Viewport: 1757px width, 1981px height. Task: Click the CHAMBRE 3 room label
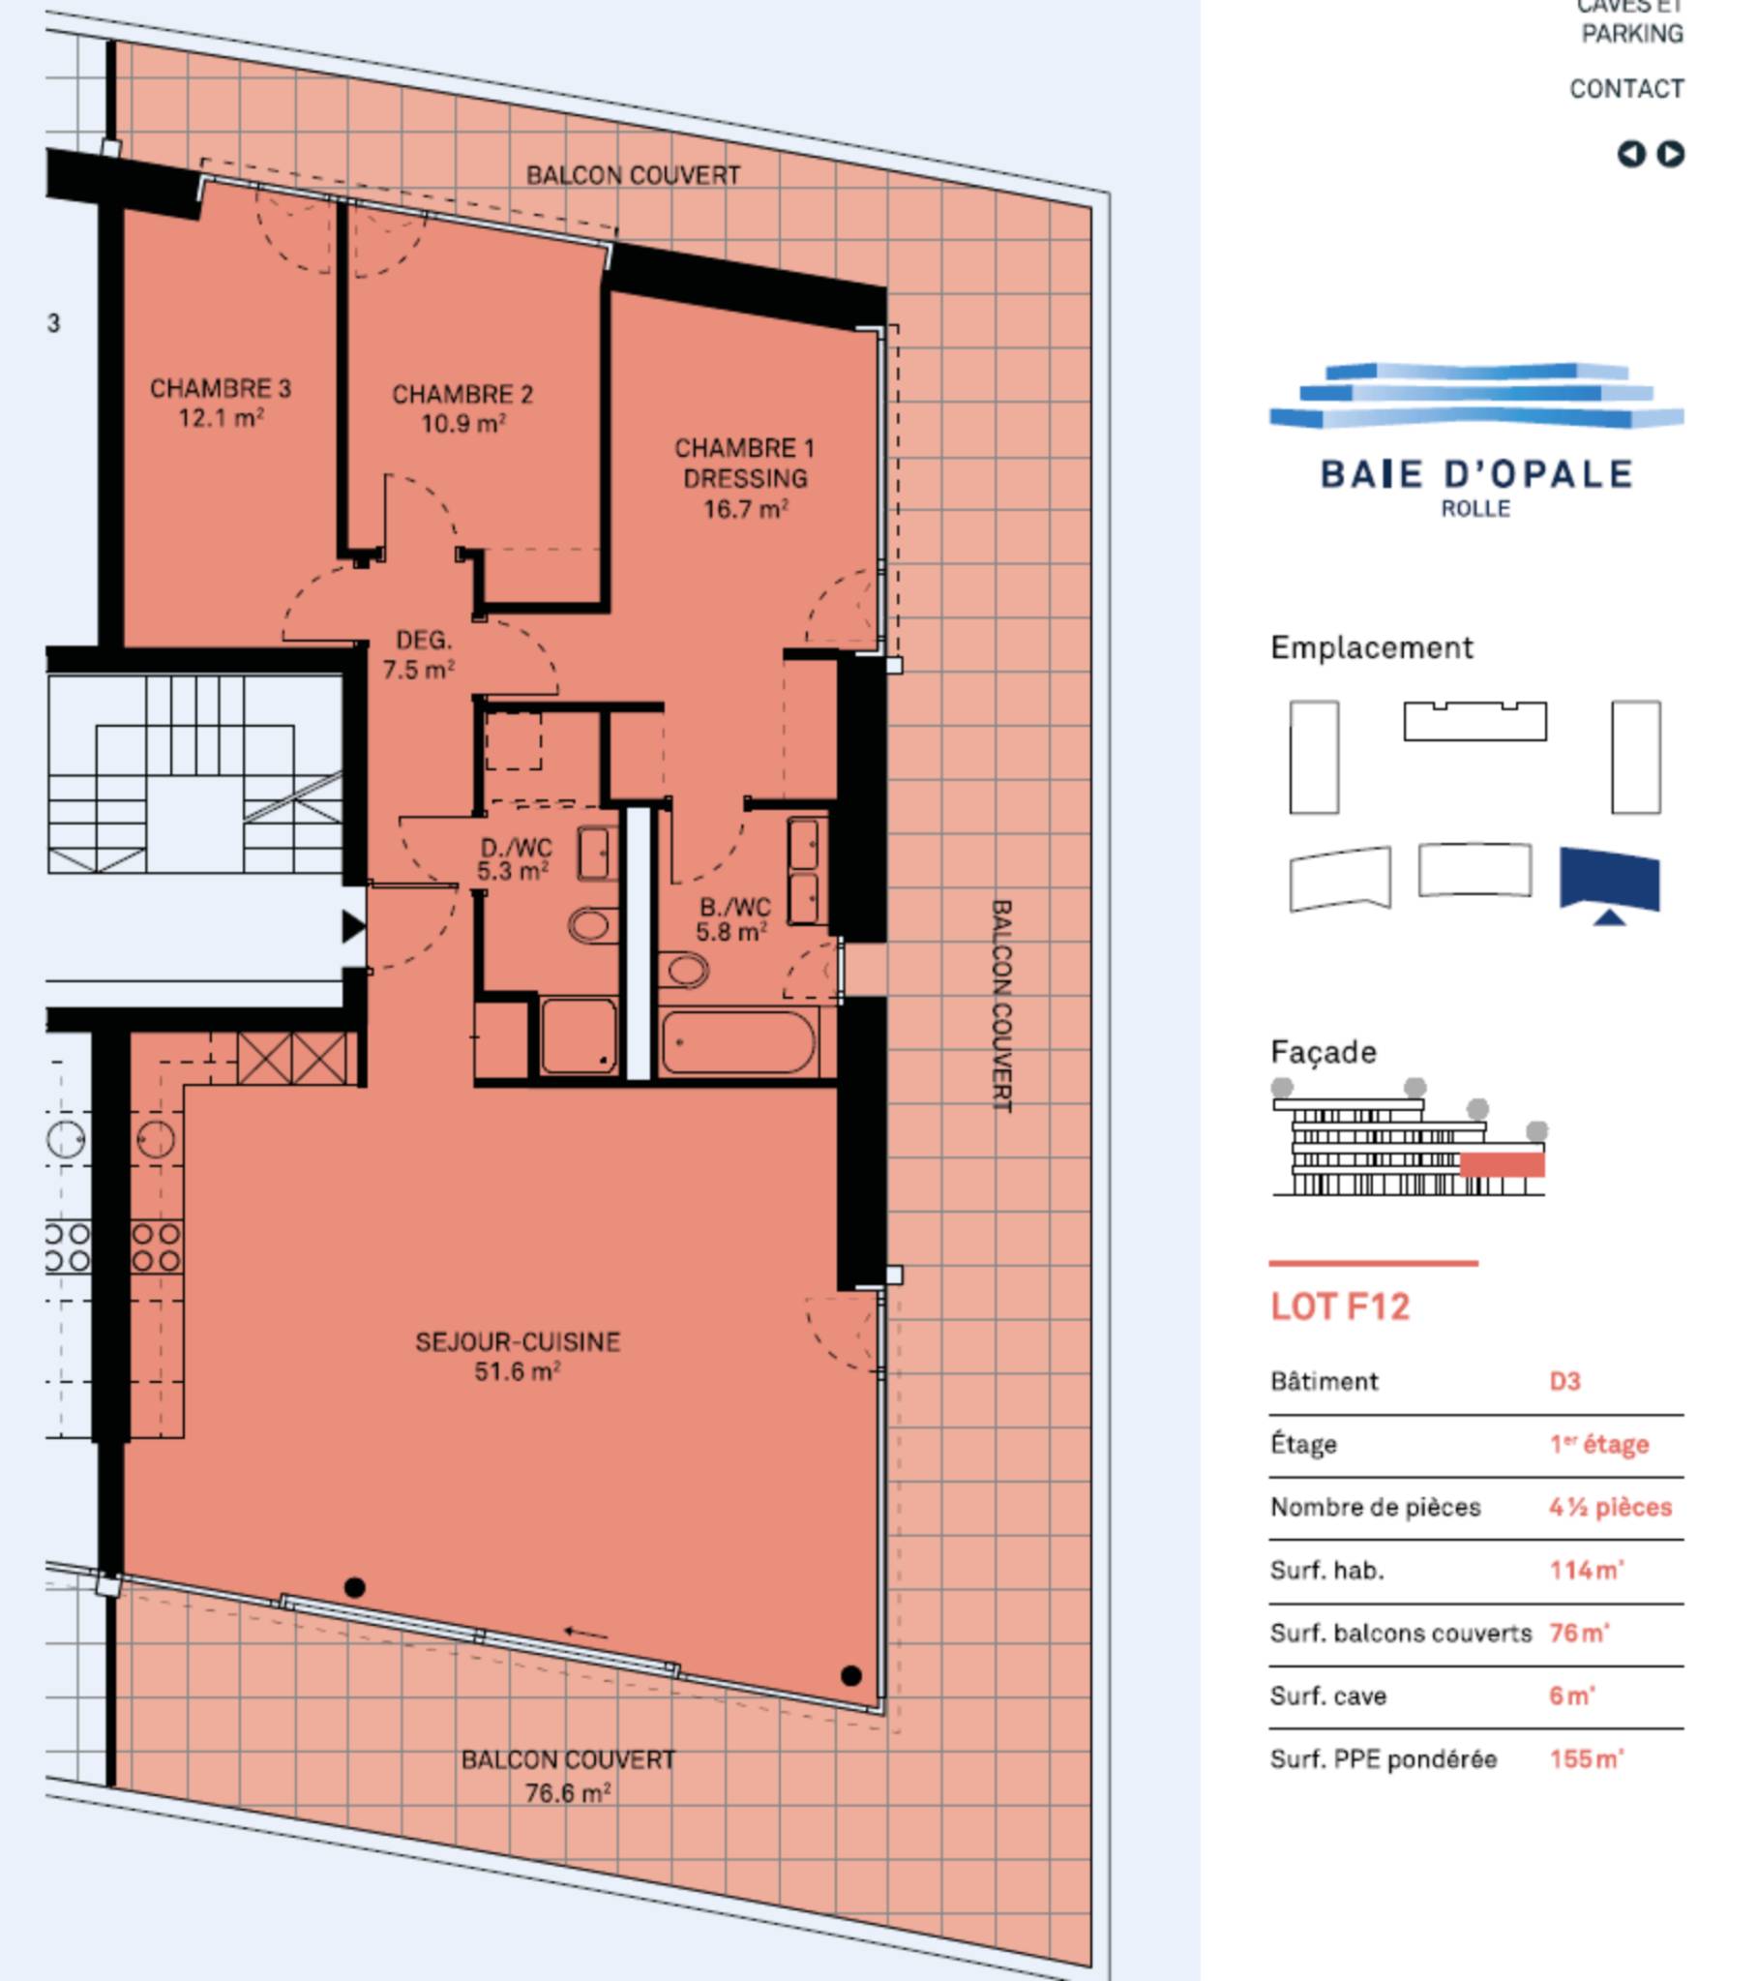tap(220, 389)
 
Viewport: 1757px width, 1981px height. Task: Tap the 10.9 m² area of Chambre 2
tap(463, 424)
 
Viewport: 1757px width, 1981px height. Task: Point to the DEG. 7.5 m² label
tap(420, 654)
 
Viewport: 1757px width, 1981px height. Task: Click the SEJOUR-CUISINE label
tap(518, 1342)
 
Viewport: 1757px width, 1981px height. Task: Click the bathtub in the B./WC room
tap(737, 1042)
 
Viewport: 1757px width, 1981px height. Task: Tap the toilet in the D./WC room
tap(592, 924)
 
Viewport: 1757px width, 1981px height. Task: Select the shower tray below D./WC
tap(579, 1036)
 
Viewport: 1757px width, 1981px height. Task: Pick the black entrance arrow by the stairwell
tap(354, 926)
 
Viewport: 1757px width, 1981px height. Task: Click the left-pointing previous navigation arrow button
tap(1632, 154)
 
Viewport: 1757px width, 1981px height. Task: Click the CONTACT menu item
tap(1626, 89)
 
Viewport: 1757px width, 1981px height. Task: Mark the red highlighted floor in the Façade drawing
tap(1503, 1164)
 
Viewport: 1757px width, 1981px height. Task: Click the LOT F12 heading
tap(1340, 1306)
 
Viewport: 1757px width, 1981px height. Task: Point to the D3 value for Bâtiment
tap(1565, 1381)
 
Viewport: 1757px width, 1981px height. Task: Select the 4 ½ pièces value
tap(1611, 1507)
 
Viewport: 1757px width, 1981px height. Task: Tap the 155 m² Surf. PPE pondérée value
tap(1587, 1759)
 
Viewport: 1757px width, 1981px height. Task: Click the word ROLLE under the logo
tap(1475, 509)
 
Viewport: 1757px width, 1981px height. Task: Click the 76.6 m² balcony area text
tap(568, 1793)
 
